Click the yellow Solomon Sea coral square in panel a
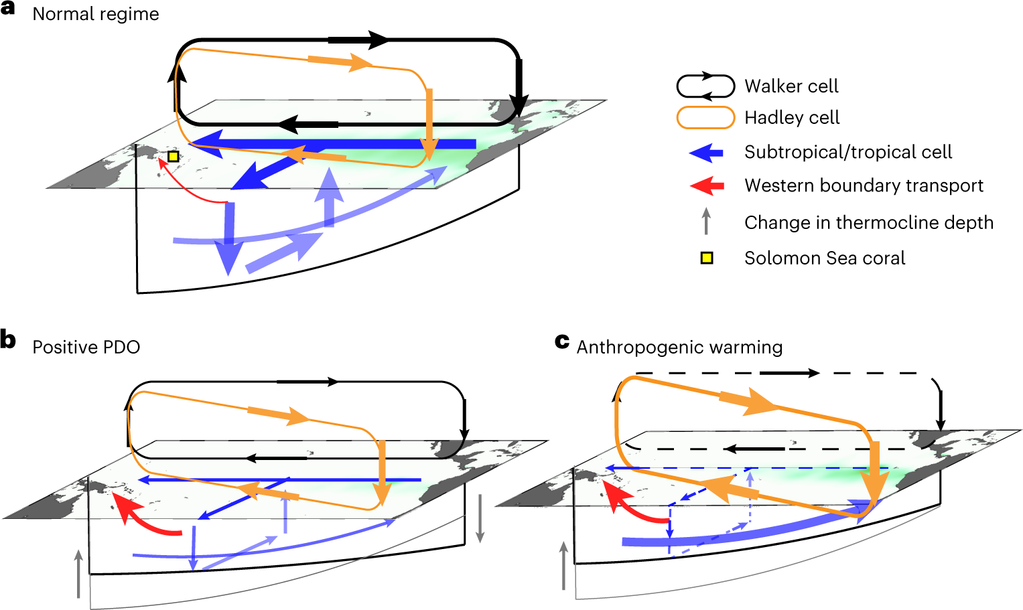[x=173, y=156]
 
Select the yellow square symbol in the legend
[x=706, y=258]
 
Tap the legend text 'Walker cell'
[x=791, y=86]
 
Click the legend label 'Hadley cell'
[x=792, y=118]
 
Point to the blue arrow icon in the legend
[x=706, y=153]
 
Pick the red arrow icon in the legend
[x=706, y=185]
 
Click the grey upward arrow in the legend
[x=705, y=222]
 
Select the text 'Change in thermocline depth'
[x=869, y=223]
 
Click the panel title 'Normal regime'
[x=96, y=14]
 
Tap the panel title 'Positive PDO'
[x=86, y=347]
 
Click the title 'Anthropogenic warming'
[x=679, y=347]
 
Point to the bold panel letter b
[x=8, y=340]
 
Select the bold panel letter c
[x=562, y=341]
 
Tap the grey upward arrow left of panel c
[x=563, y=566]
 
